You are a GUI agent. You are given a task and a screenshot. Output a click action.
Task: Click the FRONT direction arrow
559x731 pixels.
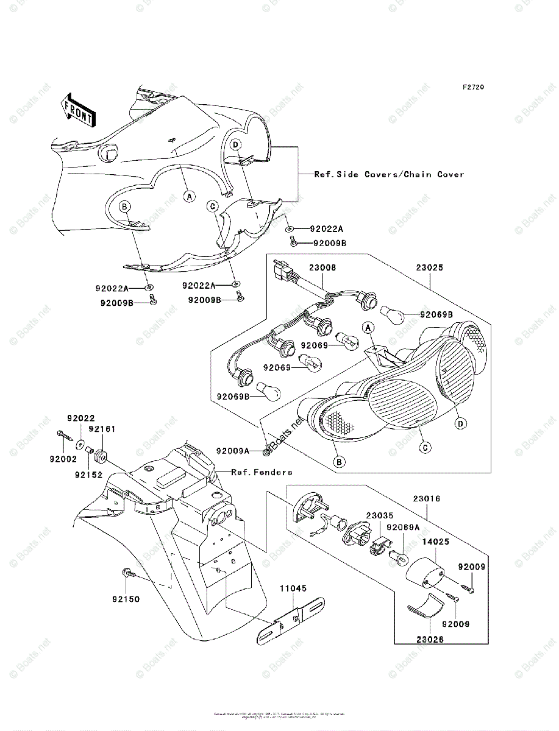(x=78, y=110)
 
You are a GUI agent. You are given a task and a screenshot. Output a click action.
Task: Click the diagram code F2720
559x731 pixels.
(x=472, y=87)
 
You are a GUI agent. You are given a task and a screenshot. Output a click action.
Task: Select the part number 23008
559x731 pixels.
(x=322, y=267)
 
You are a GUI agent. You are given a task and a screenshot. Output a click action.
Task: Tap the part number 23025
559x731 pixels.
(x=430, y=267)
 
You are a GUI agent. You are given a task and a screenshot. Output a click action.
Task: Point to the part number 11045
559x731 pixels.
(x=293, y=588)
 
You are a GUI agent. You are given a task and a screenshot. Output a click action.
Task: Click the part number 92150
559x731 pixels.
(x=126, y=599)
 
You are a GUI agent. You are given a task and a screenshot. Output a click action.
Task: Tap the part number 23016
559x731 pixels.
(x=427, y=498)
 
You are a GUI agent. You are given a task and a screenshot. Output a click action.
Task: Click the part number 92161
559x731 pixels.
(x=101, y=429)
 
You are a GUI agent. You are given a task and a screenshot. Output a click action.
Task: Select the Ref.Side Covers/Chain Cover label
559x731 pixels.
(x=389, y=174)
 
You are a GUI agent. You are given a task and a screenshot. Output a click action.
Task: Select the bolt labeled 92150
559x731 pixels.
(x=126, y=573)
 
